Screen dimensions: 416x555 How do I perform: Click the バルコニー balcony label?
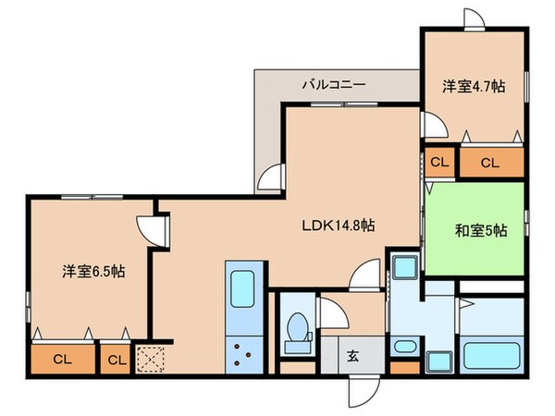click(x=334, y=84)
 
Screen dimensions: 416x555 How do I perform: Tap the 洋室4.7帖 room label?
click(x=473, y=85)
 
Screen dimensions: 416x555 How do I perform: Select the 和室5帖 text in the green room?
click(x=475, y=230)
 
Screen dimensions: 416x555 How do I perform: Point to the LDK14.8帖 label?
click(x=338, y=225)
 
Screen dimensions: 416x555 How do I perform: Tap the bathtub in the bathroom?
click(x=492, y=355)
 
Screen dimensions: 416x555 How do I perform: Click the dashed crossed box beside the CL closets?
click(x=149, y=357)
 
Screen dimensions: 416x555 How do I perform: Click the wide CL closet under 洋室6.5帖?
click(x=62, y=359)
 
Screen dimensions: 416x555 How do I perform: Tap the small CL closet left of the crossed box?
click(x=116, y=359)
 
